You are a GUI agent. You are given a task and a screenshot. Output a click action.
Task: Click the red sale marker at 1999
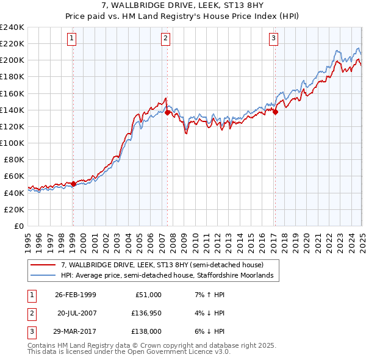[x=73, y=184]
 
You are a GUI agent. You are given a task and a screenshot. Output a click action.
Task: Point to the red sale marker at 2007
[x=167, y=112]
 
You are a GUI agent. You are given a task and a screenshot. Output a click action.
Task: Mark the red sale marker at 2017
[x=275, y=112]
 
